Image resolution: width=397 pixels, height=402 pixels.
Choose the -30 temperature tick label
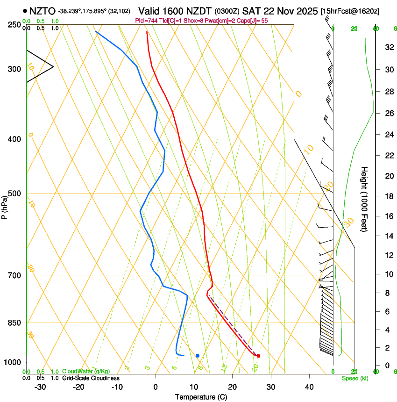click(x=40, y=387)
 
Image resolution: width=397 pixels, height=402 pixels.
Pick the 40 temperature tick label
click(x=309, y=387)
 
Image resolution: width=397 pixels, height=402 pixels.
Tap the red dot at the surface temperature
click(x=258, y=356)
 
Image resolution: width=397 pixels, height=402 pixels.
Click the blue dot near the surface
click(x=198, y=356)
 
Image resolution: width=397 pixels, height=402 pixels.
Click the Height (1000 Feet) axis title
click(x=364, y=199)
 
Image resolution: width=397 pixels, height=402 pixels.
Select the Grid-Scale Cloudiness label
click(x=91, y=378)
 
